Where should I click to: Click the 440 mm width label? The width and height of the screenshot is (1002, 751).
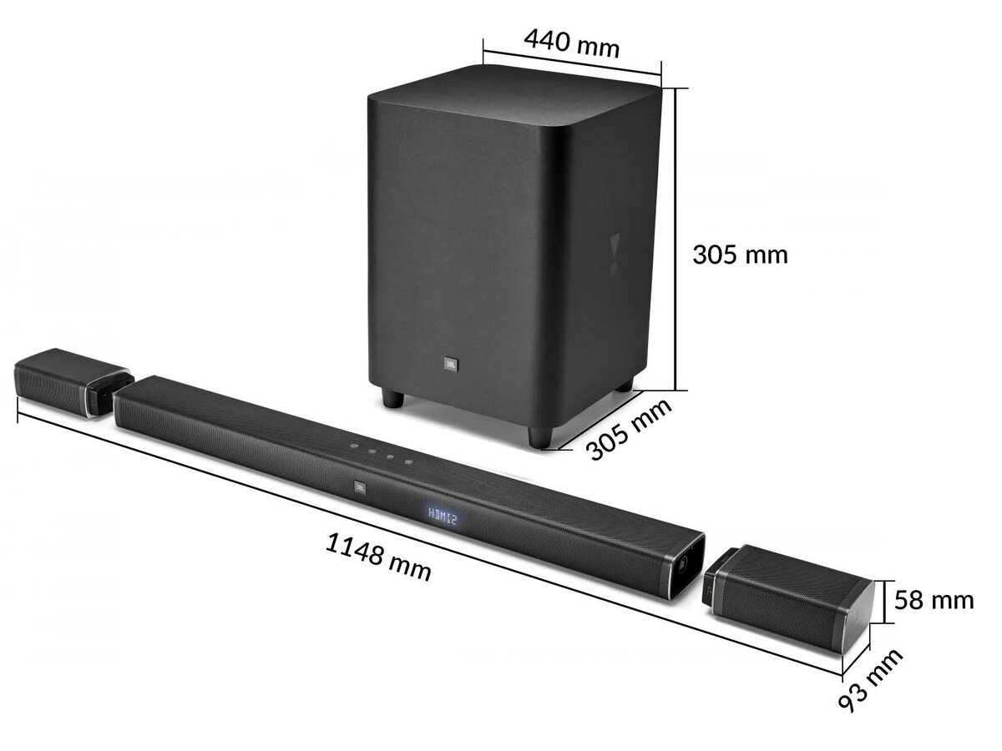pyautogui.click(x=571, y=42)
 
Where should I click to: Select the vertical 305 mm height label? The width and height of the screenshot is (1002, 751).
pyautogui.click(x=740, y=254)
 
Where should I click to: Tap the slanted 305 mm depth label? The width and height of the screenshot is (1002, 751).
pyautogui.click(x=629, y=429)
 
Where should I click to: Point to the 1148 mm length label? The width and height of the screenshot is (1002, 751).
pyautogui.click(x=378, y=557)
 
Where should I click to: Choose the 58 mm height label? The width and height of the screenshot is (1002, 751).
pyautogui.click(x=934, y=599)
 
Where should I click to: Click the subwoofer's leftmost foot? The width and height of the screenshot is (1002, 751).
pyautogui.click(x=392, y=397)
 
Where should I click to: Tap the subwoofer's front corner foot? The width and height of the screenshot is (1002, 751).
pyautogui.click(x=539, y=436)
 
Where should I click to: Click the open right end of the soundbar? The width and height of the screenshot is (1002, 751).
pyautogui.click(x=683, y=566)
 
